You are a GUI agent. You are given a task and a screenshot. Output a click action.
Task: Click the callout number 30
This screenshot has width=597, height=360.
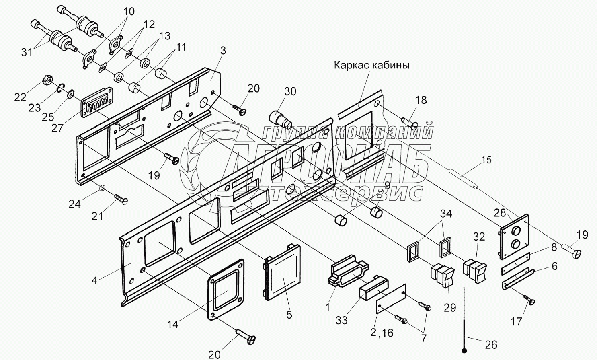pyautogui.click(x=290, y=91)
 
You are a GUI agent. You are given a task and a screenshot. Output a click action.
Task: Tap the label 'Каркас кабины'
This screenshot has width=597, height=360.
pyautogui.click(x=372, y=65)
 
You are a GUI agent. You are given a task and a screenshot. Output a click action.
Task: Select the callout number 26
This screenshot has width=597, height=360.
pyautogui.click(x=491, y=345)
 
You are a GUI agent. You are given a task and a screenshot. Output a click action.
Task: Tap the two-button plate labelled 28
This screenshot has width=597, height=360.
pyautogui.click(x=514, y=237)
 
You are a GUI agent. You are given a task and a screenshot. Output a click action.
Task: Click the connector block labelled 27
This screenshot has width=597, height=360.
pyautogui.click(x=98, y=103)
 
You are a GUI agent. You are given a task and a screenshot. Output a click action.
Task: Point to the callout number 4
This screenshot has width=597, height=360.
pyautogui.click(x=94, y=281)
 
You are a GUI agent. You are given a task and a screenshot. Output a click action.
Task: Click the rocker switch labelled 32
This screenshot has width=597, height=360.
pyautogui.click(x=475, y=271)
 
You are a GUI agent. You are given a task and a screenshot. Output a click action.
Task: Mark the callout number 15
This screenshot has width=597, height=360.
pyautogui.click(x=486, y=160)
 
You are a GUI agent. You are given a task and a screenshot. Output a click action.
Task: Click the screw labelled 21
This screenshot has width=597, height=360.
pyautogui.click(x=121, y=199)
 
